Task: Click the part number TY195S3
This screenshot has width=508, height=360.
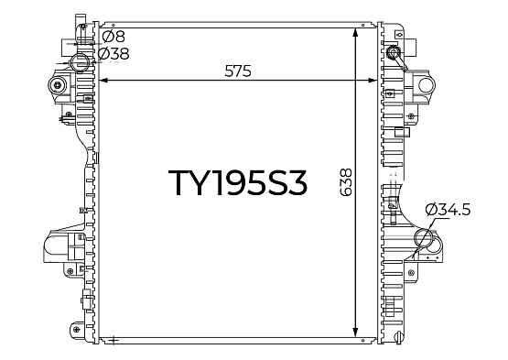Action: click(237, 183)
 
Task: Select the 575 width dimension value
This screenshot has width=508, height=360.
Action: click(238, 71)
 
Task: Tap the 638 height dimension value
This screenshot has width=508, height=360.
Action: click(346, 182)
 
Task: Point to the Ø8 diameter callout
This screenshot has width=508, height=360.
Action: click(113, 37)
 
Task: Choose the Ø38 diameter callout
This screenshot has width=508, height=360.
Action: click(113, 53)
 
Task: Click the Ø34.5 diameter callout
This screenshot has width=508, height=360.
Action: click(448, 210)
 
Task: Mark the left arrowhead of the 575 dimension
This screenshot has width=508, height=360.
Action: click(103, 80)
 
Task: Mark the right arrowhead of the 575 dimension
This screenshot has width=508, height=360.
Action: click(373, 80)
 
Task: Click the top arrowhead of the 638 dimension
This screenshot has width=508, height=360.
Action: click(355, 33)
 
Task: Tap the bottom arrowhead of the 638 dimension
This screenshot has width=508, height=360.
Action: click(355, 333)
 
